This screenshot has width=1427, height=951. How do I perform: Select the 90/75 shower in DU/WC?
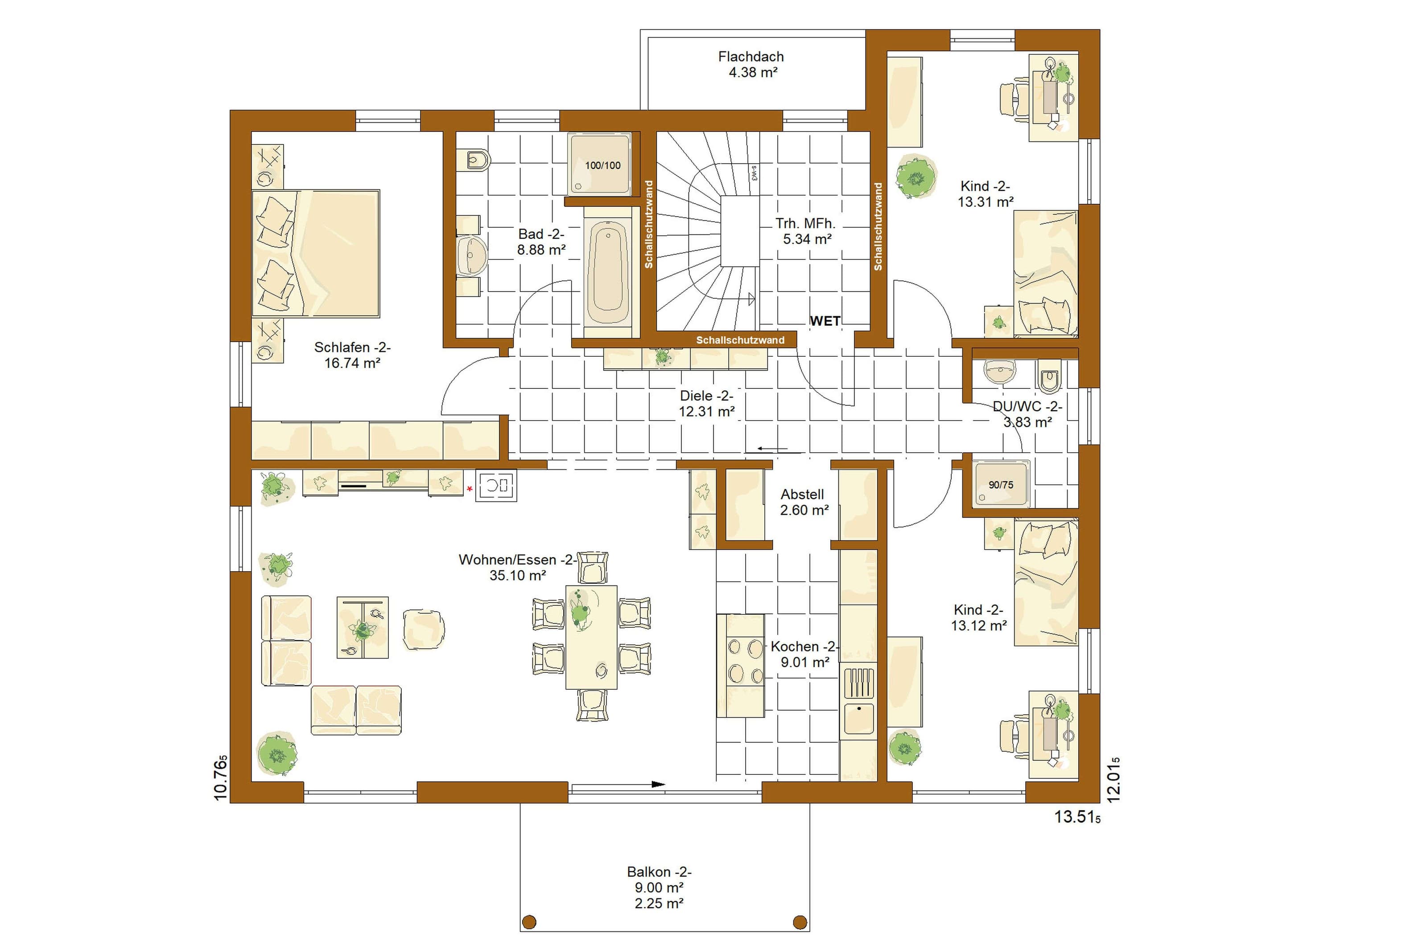(x=1001, y=483)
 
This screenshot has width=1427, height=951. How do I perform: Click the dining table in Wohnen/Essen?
(x=591, y=637)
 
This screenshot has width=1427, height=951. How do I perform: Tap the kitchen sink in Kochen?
(x=859, y=719)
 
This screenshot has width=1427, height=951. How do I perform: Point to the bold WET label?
(x=825, y=321)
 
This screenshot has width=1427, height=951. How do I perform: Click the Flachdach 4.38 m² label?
(x=751, y=64)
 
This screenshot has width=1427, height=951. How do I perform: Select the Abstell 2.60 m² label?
(x=804, y=502)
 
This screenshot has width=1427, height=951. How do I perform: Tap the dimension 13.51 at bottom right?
(x=1077, y=817)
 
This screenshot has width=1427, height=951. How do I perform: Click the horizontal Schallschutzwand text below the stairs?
(x=740, y=340)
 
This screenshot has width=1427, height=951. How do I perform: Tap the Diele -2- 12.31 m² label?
(x=707, y=403)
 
